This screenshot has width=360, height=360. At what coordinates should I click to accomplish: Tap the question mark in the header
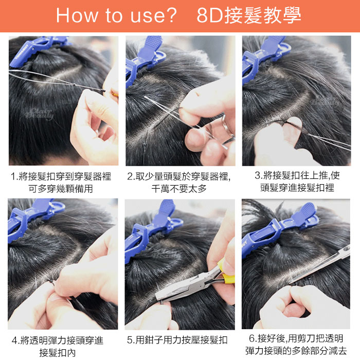[172, 15]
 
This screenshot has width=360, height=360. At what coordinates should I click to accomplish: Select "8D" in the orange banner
[210, 15]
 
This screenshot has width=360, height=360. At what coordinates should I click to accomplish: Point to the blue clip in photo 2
[145, 60]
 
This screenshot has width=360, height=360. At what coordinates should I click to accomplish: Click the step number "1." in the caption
[14, 177]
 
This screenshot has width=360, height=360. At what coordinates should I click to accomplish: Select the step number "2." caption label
[131, 176]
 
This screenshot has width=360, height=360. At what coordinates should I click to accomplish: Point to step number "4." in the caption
[16, 340]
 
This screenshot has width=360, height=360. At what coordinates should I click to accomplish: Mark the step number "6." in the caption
[253, 338]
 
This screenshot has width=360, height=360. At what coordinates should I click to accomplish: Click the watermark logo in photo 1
[40, 114]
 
